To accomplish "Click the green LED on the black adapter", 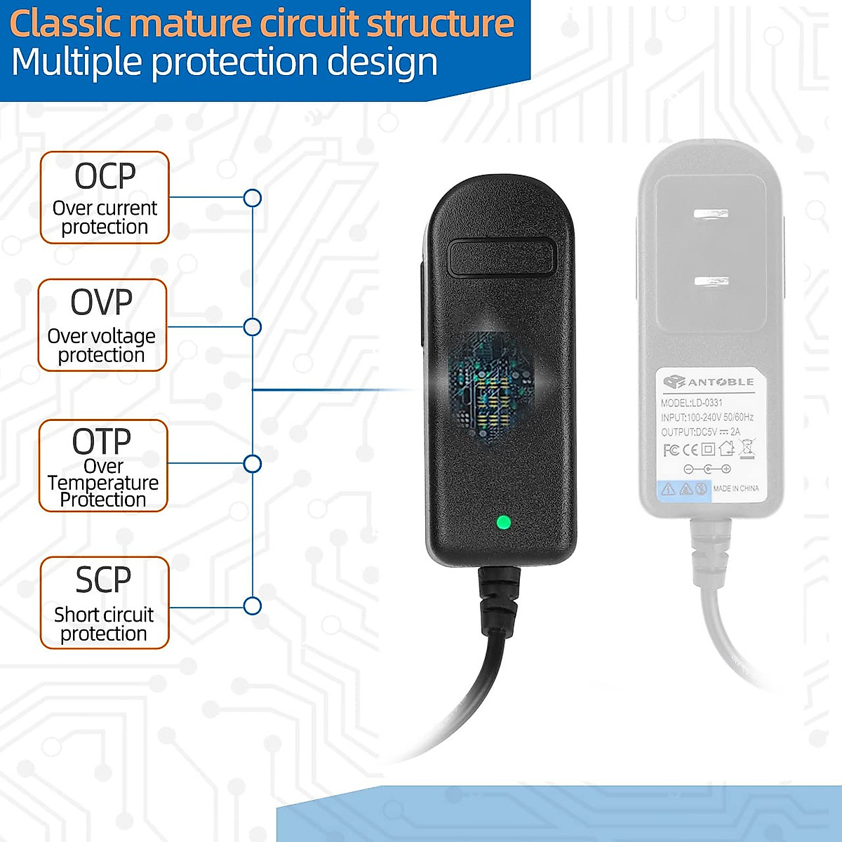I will point(502,523).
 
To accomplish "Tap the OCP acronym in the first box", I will point(105,176).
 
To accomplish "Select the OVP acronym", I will point(102,302).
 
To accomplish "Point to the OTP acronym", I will point(102,441).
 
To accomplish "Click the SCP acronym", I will point(103,580).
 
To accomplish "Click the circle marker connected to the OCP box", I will point(253,198).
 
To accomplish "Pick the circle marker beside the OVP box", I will point(253,327).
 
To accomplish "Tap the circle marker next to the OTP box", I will point(253,464).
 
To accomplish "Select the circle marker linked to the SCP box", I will point(253,606).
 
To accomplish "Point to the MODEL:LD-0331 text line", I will point(691,403).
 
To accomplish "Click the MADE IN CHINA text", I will point(735,488).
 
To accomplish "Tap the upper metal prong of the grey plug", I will point(710,214).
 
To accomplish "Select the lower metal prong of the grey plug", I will point(711,282).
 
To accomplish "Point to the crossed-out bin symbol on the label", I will point(747,448).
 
